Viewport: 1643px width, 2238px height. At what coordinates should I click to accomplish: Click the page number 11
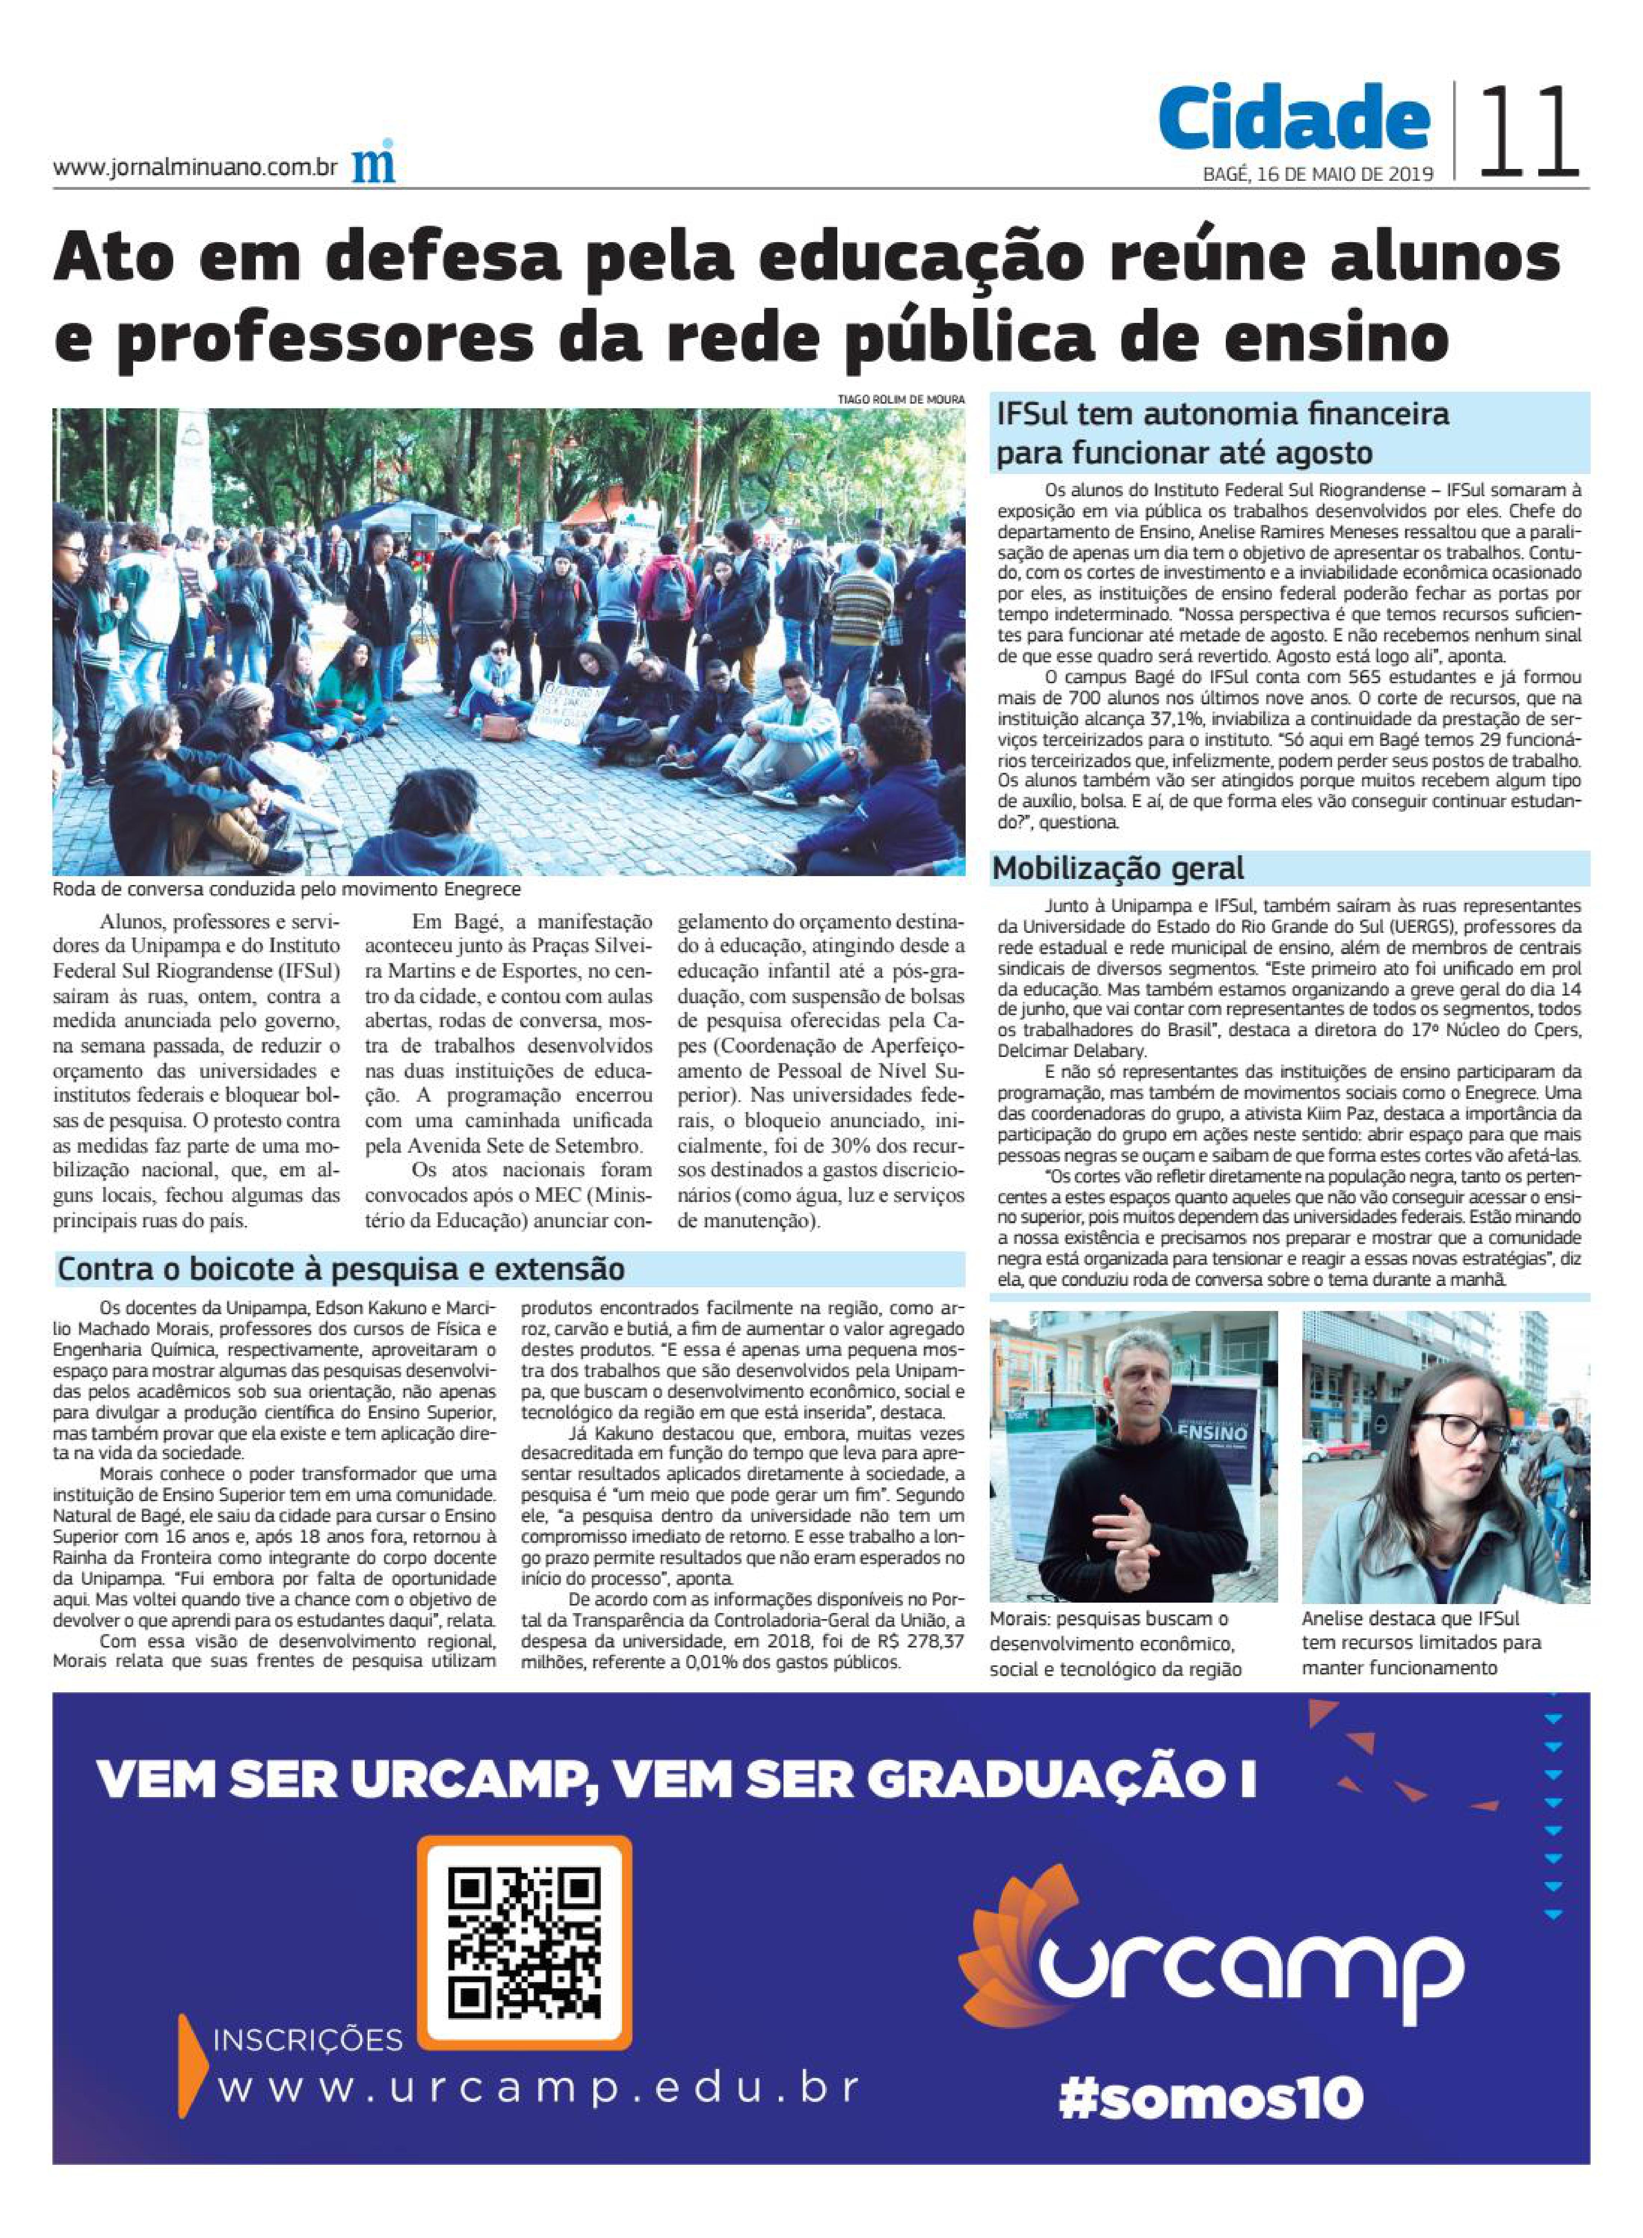click(x=1530, y=132)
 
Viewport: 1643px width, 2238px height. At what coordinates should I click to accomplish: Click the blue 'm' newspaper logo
click(x=373, y=162)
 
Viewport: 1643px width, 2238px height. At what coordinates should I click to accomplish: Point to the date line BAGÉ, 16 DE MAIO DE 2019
click(x=1318, y=174)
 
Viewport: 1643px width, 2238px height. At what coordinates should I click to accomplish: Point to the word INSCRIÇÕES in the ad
click(x=308, y=2041)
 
